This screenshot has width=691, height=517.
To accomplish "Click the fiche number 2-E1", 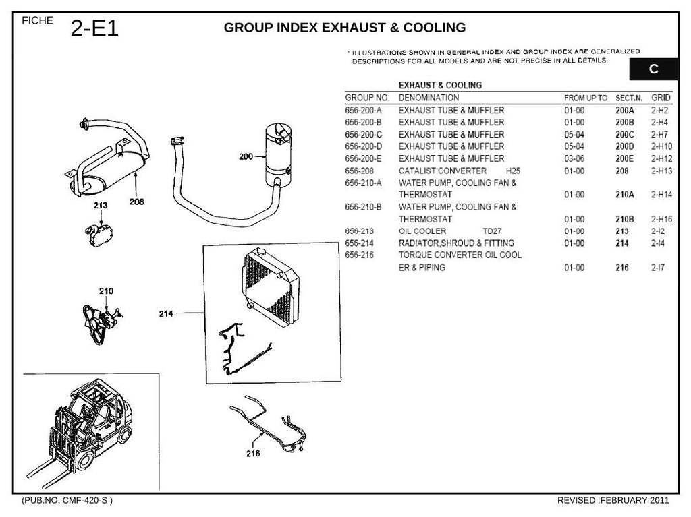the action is (94, 28).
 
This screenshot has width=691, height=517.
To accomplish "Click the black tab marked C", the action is (653, 69).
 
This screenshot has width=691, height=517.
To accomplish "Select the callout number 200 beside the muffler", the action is (246, 156).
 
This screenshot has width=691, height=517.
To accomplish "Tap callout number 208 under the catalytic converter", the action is (136, 202).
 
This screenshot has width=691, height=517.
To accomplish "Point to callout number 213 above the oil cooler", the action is (101, 205).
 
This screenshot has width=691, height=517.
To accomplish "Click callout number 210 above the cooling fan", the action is (106, 291).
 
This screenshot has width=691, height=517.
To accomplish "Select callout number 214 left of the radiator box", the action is (166, 314).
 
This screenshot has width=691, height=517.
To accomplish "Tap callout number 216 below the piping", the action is (254, 454).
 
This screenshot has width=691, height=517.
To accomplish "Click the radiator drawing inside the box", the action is (271, 288).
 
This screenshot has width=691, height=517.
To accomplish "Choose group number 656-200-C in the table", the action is (364, 135).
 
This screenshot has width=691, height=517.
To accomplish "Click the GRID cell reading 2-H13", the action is (662, 171).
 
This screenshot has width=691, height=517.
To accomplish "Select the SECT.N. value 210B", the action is (625, 219).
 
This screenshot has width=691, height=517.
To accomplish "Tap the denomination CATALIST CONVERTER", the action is (443, 171).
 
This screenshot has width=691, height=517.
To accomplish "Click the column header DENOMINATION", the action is (429, 98).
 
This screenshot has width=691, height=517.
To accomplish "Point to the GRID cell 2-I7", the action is (659, 268).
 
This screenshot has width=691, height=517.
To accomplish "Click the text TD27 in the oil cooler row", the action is (492, 231).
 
